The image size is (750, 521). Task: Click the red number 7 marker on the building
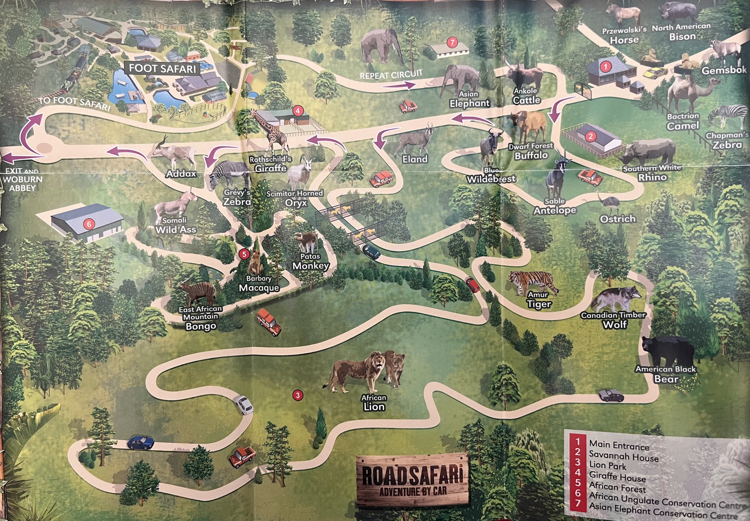[x=452, y=42]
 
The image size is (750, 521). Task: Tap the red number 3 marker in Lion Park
[x=297, y=395]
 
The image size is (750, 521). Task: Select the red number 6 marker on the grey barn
[x=89, y=224]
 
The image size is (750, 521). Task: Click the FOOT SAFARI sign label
[x=162, y=69]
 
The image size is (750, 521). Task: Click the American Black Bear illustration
[x=667, y=353]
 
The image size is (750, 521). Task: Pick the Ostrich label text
[x=618, y=219]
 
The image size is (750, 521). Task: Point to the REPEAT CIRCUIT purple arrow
[x=398, y=85]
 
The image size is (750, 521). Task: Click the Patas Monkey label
[x=311, y=262]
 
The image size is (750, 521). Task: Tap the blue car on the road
[x=141, y=443]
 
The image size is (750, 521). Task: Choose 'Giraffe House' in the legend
[x=617, y=477]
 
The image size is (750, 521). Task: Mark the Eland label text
[x=415, y=159]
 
